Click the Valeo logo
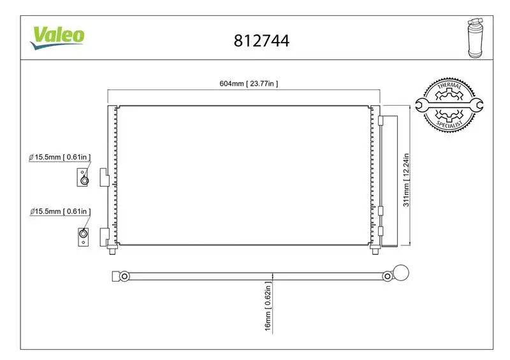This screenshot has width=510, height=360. [57, 36]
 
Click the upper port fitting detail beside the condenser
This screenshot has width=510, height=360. [83, 177]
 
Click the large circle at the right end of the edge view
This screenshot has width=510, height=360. [400, 275]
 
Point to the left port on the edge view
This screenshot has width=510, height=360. [124, 276]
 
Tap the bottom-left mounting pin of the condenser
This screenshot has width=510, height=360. [113, 250]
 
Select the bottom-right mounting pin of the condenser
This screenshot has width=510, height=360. [374, 250]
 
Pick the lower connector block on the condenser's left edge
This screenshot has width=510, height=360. [104, 235]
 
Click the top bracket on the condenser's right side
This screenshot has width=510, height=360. [381, 120]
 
